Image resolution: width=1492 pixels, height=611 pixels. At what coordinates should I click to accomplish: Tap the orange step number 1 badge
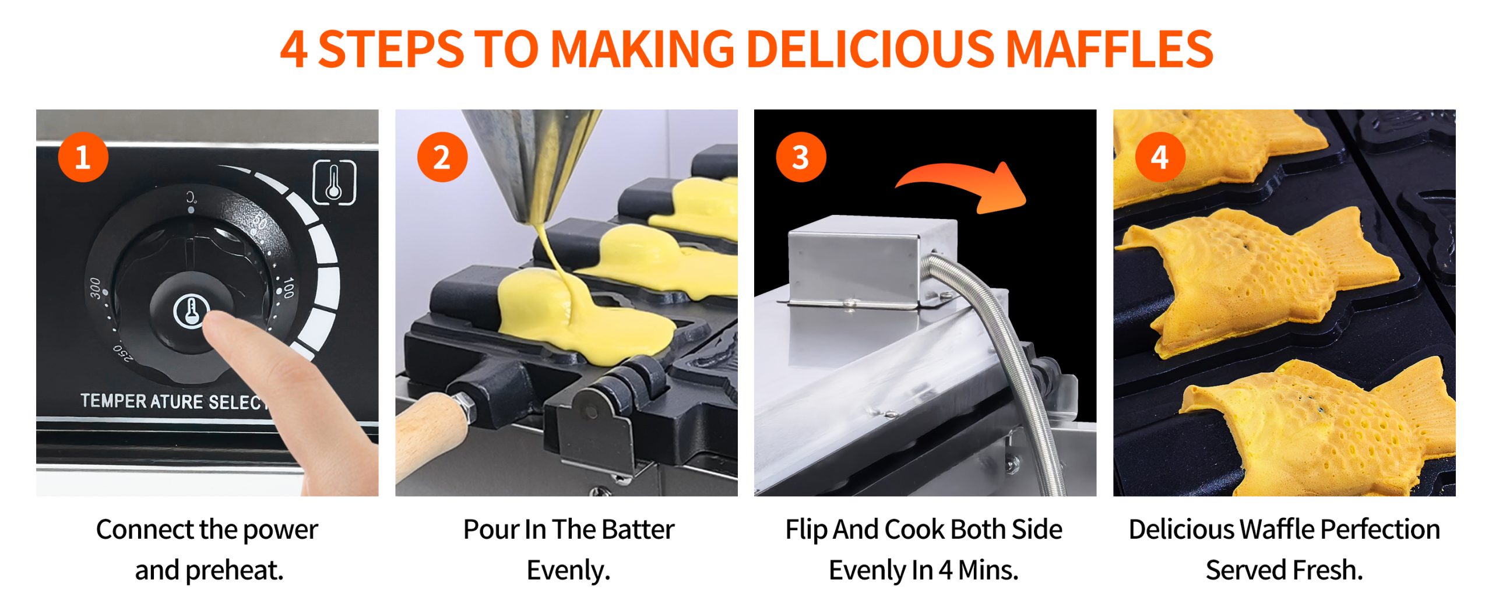[83, 157]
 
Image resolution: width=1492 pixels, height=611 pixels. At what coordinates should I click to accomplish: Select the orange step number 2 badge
[442, 157]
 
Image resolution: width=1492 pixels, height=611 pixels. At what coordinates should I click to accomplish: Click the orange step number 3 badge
[801, 157]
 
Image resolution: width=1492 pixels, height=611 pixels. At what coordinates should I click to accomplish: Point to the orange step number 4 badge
[1160, 157]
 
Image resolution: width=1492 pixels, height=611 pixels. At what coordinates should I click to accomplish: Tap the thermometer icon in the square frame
[335, 182]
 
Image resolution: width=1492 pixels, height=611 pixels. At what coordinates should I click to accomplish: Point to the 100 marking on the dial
[288, 288]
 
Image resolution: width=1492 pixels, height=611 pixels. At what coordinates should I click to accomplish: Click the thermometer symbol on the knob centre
[190, 310]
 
